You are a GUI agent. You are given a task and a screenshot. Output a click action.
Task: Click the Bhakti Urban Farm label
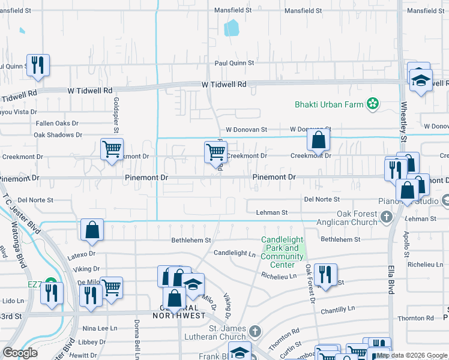click(329, 104)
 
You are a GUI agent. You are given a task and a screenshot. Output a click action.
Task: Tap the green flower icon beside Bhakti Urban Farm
click(373, 104)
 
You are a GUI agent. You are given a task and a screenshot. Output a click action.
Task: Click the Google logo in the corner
click(20, 353)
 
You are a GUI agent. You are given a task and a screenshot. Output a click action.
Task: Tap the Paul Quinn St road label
click(235, 63)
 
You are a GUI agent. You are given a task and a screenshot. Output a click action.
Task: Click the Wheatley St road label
click(404, 122)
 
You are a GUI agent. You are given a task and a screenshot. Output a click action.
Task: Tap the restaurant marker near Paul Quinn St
click(38, 65)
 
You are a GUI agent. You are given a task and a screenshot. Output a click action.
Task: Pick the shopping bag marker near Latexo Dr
click(92, 230)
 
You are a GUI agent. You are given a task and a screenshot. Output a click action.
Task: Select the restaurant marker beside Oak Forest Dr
click(325, 275)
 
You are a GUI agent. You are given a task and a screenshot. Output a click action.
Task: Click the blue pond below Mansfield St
click(231, 28)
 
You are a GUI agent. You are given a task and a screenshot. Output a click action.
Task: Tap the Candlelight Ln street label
click(235, 253)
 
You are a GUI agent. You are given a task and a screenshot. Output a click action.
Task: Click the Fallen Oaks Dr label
click(57, 123)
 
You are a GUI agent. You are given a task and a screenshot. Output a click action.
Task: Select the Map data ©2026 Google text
click(412, 355)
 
